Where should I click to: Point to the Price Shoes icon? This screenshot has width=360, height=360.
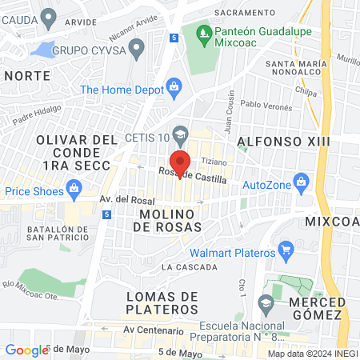coord(74,190)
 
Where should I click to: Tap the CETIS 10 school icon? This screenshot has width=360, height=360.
coord(182,133)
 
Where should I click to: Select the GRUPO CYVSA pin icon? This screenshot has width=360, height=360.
coord(137,50)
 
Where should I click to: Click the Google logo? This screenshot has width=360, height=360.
coord(26,350)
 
